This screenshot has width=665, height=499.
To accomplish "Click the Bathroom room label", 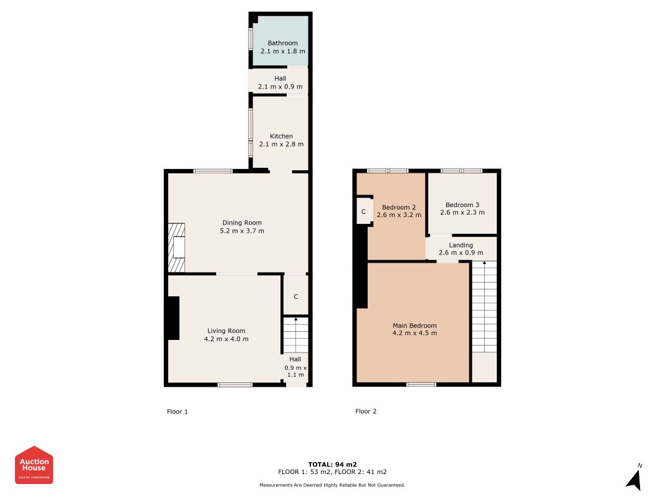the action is (x=282, y=43).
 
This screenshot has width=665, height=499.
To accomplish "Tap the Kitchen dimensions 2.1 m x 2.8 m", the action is (x=281, y=144).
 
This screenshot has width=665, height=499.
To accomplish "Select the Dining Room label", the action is (x=242, y=223).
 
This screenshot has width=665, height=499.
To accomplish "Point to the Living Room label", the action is (x=226, y=331).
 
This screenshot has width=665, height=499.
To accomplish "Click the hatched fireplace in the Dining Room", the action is (x=176, y=248).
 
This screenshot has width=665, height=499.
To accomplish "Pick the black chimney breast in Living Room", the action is (x=173, y=318).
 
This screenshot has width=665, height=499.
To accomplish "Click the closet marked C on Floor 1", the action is (x=295, y=295).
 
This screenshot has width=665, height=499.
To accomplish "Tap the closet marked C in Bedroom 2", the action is (x=364, y=210).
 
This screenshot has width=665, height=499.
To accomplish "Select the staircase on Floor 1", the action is (x=295, y=335).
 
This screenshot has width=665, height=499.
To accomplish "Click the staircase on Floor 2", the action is (x=484, y=307).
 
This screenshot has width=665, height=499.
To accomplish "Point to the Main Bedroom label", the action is (x=414, y=326).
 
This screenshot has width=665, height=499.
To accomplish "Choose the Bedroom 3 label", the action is (x=462, y=205).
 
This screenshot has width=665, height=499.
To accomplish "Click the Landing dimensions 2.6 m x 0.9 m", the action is (x=461, y=253).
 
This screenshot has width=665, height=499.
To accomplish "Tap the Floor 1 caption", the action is (x=177, y=412).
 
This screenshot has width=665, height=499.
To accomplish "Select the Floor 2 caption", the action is (x=366, y=411).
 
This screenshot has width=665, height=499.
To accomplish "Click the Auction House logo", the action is (x=34, y=465).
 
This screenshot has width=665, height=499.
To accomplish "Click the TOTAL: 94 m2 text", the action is (x=332, y=464).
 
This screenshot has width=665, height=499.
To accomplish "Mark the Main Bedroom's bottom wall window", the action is (x=421, y=384).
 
